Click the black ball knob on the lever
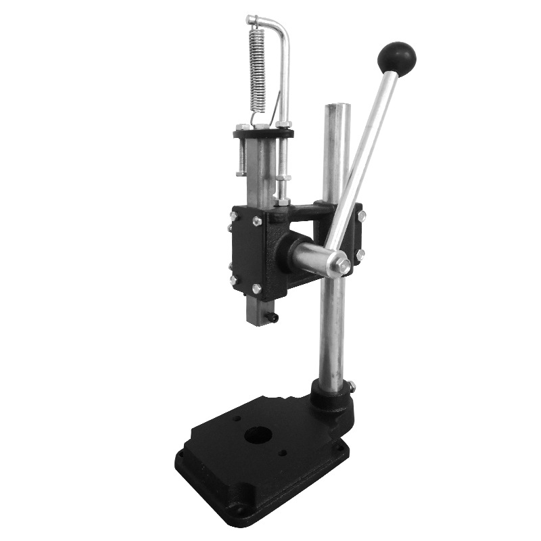pos(396,57)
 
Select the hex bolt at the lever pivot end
pos(344,266)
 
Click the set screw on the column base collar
pos(352,386)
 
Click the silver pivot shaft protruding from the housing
pos(311,257)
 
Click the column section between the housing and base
pos(331,331)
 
